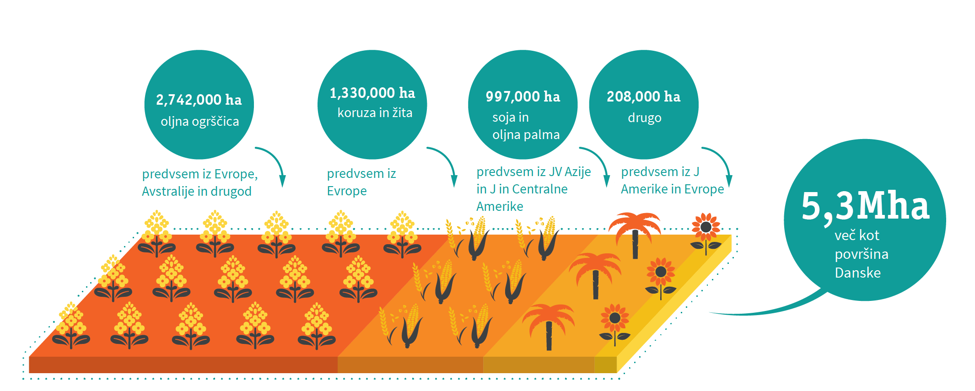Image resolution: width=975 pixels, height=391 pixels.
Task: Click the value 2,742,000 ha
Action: point(199,100)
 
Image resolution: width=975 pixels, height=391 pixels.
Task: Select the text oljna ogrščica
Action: point(199,122)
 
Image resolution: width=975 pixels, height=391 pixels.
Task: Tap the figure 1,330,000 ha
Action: point(372,93)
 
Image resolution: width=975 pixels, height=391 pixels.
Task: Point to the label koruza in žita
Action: point(375,113)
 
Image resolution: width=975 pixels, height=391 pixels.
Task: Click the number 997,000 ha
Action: point(523,96)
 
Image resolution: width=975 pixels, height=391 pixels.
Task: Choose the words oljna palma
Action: point(526,135)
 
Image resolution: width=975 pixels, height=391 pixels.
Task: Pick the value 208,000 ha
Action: point(643,96)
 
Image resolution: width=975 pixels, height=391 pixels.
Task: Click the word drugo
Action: point(644,118)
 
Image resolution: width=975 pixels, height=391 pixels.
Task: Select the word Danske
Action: point(857,273)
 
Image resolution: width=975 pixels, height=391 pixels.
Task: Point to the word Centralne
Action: point(539,189)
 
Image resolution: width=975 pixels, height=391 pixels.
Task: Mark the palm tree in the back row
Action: point(635,233)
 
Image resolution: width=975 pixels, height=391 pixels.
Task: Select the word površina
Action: point(862,254)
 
